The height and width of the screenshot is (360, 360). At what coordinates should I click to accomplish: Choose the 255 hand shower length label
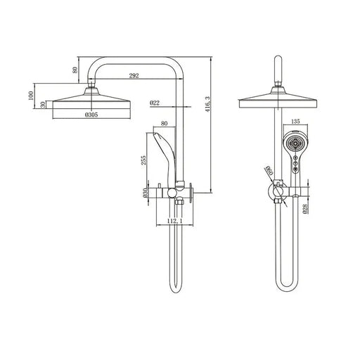(143, 161)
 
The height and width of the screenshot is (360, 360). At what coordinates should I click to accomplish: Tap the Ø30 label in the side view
(145, 193)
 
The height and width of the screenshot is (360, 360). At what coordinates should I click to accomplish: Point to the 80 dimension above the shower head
(75, 69)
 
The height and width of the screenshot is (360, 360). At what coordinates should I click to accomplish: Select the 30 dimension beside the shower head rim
(43, 104)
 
